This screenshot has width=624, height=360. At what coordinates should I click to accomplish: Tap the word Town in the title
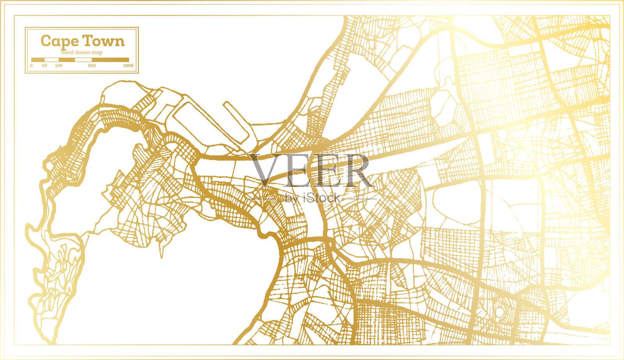(x=103, y=41)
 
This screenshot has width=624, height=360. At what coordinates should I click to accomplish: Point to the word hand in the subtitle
(x=67, y=52)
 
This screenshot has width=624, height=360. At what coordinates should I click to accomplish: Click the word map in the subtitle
(x=97, y=52)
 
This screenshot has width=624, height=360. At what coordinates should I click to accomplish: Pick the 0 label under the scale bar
(x=31, y=66)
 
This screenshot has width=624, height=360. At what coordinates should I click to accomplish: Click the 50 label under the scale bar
(x=44, y=66)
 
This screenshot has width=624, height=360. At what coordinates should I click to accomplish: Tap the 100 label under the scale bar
(x=58, y=66)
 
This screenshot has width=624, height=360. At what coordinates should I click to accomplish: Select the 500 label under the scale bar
(x=92, y=66)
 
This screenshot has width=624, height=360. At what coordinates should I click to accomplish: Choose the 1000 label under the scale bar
(x=128, y=66)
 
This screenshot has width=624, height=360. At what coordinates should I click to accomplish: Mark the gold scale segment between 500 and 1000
(x=110, y=60)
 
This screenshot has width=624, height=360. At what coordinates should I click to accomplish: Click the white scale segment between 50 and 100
(x=51, y=60)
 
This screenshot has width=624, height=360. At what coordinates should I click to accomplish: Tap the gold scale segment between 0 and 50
(x=38, y=60)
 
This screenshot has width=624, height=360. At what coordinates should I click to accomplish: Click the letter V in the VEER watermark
(x=267, y=170)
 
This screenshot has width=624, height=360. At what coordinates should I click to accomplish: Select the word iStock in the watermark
(x=322, y=198)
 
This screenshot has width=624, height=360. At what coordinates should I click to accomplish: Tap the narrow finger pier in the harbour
(x=236, y=121)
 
